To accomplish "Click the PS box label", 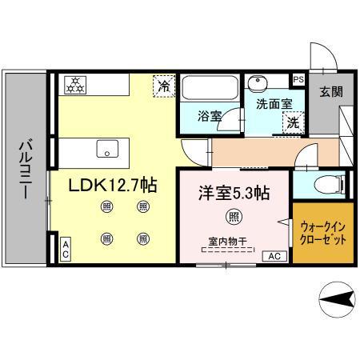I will [298, 79].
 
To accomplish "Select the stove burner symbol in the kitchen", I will [75, 84].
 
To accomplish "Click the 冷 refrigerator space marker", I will [163, 85].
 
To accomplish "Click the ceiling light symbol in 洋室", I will [233, 215].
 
